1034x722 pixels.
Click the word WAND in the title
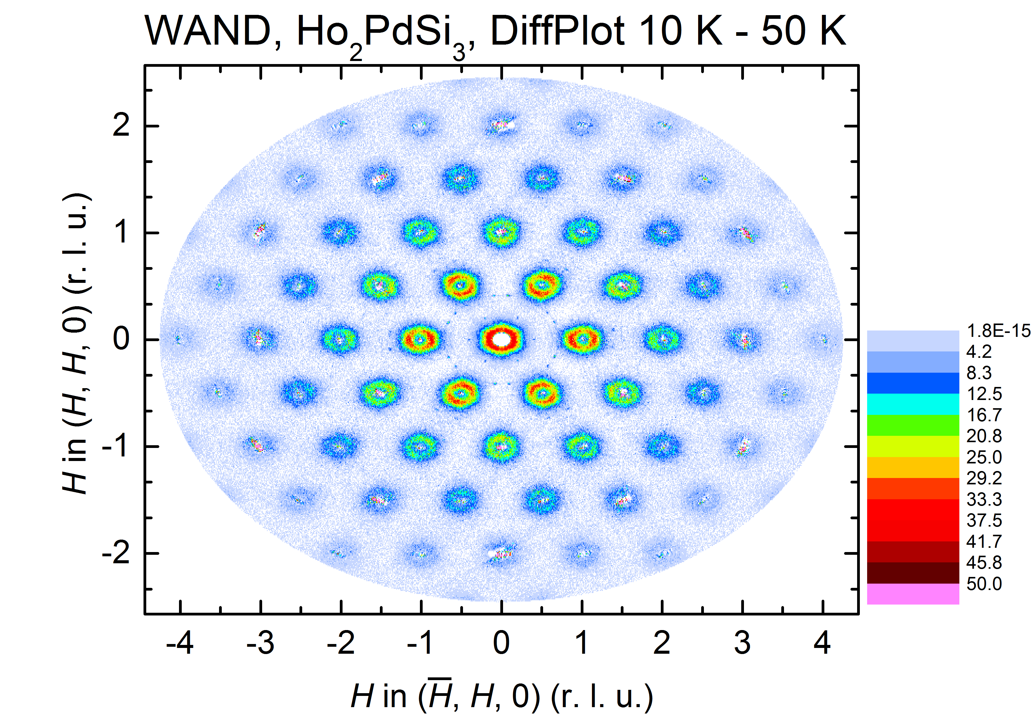208,31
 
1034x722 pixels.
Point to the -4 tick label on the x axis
180,643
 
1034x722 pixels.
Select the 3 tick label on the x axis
742,643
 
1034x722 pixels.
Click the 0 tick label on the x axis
501,643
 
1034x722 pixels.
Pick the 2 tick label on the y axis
121,125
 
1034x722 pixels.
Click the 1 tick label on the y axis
121,232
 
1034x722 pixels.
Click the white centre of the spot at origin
501,339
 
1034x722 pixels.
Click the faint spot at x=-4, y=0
179,339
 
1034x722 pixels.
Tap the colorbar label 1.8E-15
998,331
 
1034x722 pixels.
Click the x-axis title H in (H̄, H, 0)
501,696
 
